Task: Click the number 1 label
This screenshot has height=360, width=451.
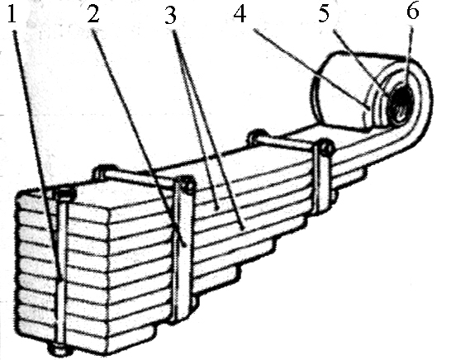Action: (12, 14)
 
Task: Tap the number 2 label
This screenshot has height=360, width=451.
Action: (93, 14)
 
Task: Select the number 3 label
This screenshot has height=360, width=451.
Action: (170, 15)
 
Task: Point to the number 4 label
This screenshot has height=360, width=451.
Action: (240, 14)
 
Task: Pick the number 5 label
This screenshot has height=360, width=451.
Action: (324, 13)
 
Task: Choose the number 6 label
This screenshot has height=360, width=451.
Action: (412, 12)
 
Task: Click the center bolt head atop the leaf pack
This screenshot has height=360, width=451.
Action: (64, 194)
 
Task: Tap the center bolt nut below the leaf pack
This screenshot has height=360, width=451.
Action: (61, 349)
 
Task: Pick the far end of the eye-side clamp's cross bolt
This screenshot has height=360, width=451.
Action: (257, 135)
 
